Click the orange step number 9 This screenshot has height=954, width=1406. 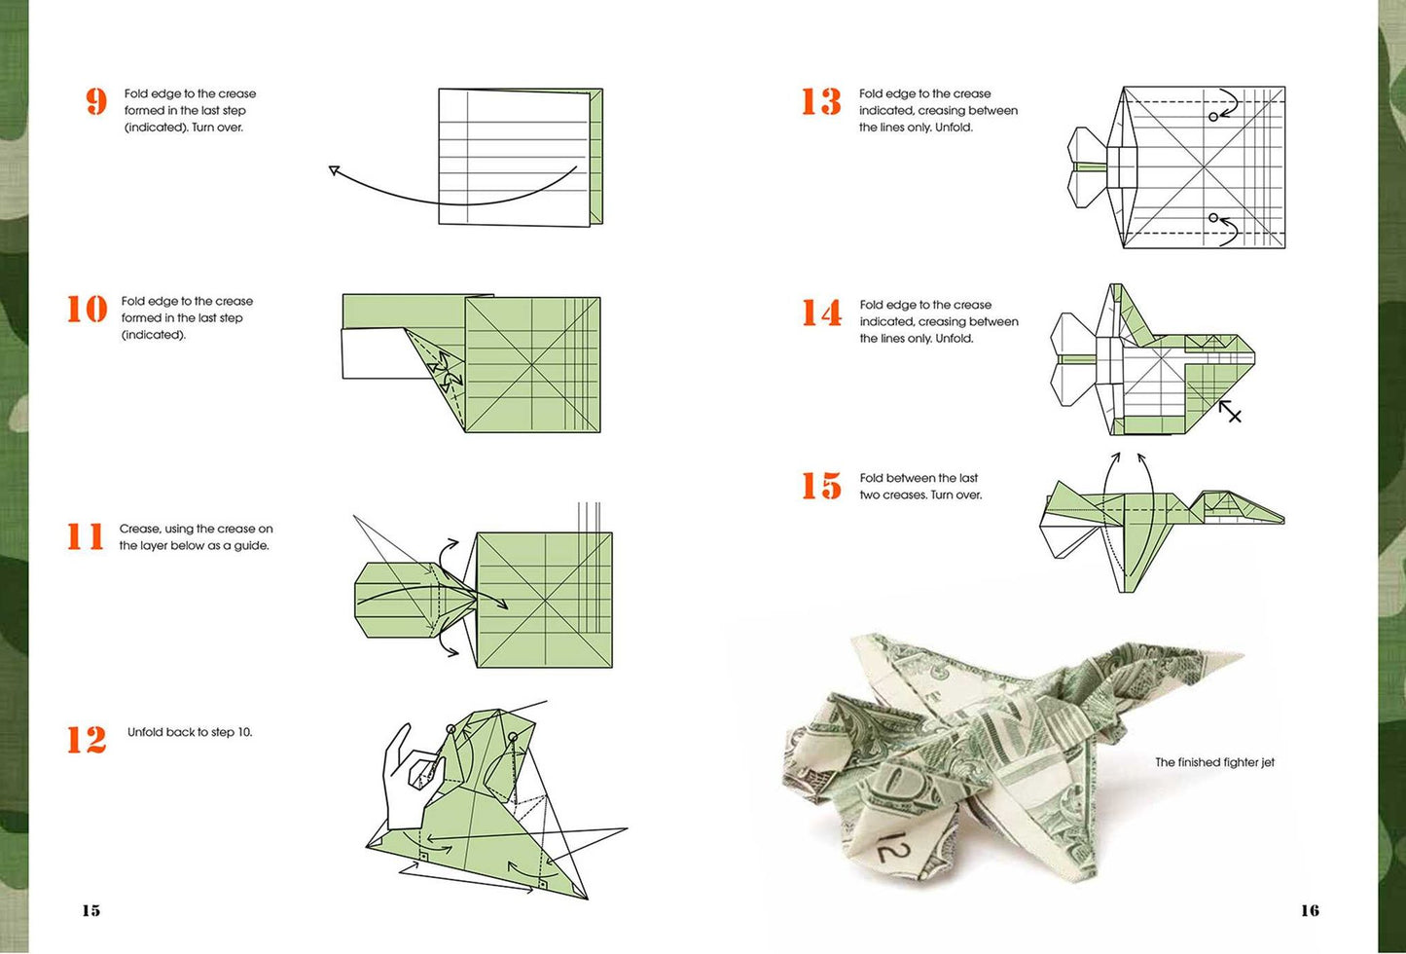[x=96, y=102]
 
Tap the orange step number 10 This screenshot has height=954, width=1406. [x=88, y=309]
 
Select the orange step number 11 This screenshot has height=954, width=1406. [x=86, y=536]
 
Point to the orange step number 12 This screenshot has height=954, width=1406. [x=87, y=740]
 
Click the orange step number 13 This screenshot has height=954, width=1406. [x=821, y=101]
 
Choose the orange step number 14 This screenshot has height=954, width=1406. [x=821, y=312]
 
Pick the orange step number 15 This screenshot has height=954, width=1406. [x=821, y=486]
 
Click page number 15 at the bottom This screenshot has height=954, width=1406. [x=91, y=910]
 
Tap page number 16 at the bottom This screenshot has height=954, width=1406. [x=1310, y=910]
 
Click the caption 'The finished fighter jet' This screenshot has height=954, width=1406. [x=1214, y=762]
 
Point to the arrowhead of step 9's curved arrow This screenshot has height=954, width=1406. [x=334, y=169]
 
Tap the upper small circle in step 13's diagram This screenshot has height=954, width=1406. [x=1213, y=117]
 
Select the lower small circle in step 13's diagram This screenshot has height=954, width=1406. [x=1213, y=218]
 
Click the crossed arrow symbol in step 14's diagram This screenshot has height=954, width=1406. [x=1230, y=412]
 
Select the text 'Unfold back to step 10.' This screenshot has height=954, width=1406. [x=190, y=732]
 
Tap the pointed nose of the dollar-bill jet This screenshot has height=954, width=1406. [x=1241, y=654]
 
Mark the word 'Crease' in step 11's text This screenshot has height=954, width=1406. [x=138, y=529]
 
